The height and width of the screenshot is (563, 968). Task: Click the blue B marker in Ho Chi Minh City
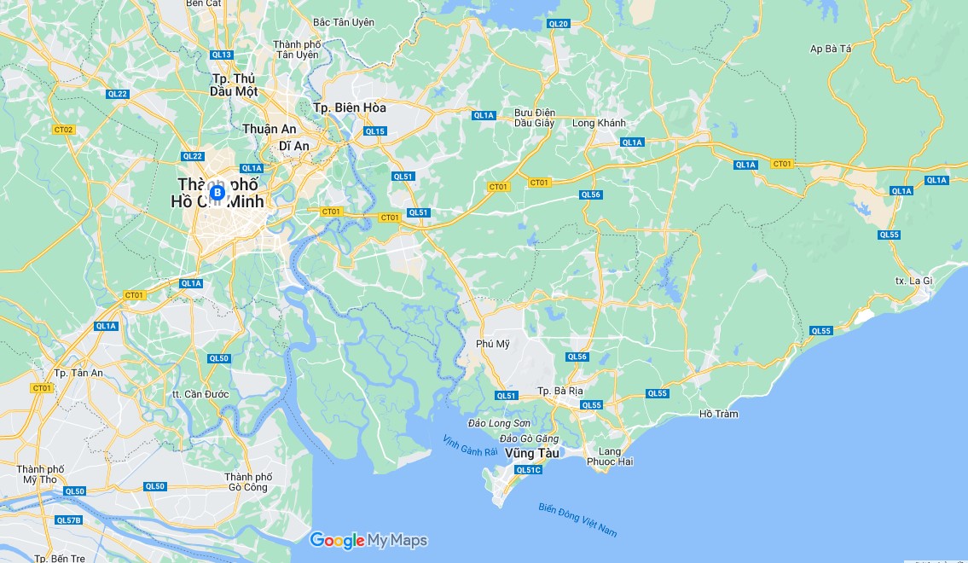[217, 193]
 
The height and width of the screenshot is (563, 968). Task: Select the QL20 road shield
[559, 24]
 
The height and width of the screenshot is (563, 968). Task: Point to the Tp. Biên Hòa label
[349, 107]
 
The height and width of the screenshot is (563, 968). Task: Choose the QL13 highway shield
[221, 55]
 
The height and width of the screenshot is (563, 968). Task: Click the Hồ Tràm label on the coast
[718, 414]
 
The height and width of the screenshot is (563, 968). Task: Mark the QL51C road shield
[528, 470]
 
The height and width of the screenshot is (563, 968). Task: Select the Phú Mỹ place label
[492, 344]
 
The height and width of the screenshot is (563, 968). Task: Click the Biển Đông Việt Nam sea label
[577, 519]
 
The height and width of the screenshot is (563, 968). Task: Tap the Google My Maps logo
[368, 540]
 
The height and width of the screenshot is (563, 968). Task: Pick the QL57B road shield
[68, 519]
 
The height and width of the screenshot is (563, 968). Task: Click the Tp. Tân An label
[78, 373]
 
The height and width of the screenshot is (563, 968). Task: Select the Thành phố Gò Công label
[248, 482]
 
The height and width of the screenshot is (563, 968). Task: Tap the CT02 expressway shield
[63, 130]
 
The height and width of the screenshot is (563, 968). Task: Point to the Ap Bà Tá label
[831, 49]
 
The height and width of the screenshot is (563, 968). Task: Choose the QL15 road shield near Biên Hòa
[374, 131]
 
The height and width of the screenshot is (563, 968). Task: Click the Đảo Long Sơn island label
[499, 423]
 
